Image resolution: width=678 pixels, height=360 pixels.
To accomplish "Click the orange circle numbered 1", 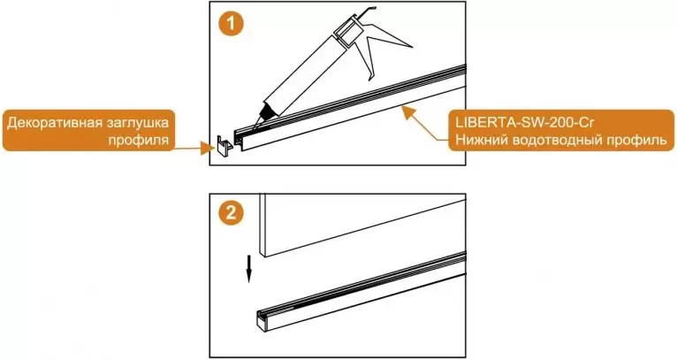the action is (x=232, y=23).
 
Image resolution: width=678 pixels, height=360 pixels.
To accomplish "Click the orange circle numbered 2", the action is (x=232, y=213).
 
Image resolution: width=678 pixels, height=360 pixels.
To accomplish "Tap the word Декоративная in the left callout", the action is (x=53, y=123).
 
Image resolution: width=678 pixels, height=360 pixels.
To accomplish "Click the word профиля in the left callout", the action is (x=139, y=140).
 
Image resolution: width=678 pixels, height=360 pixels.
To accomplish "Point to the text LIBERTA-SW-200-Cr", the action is (x=525, y=122).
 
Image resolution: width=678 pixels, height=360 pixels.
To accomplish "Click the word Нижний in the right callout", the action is (x=480, y=140).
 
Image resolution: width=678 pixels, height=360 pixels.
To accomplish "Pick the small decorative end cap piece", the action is (x=224, y=146).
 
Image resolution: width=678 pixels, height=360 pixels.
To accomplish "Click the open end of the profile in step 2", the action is (x=261, y=320).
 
